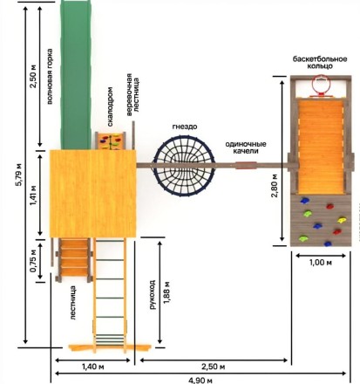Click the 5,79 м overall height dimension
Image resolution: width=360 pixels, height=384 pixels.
pos(19,175)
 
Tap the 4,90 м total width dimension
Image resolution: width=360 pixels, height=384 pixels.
pos(200,380)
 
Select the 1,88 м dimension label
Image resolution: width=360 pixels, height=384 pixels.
pos(167,292)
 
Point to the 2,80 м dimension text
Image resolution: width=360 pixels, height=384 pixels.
pos(275,186)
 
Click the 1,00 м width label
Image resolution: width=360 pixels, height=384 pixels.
pos(321,263)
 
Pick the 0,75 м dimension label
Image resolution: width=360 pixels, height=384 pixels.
pos(34,260)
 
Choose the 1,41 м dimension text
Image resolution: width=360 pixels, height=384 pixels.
pos(34,195)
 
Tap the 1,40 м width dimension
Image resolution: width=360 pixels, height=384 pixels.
pos(92,367)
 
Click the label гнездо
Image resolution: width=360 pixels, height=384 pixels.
pos(185,127)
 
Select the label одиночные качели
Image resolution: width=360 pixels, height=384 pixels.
pos(246,147)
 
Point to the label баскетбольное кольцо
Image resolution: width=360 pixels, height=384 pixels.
pos(320,63)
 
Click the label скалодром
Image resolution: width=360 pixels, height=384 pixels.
pos(110,106)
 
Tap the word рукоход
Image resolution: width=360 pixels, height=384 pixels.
pos(153,295)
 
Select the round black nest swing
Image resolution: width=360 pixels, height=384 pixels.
pos(185,166)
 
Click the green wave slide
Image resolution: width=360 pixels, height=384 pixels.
pos(76,75)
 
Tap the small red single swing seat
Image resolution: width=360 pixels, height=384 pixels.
pos(246,165)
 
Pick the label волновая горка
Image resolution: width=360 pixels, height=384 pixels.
pos(50,76)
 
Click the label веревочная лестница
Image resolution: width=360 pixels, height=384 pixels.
pos(132,95)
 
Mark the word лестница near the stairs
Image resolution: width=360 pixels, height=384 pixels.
pos(73,303)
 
